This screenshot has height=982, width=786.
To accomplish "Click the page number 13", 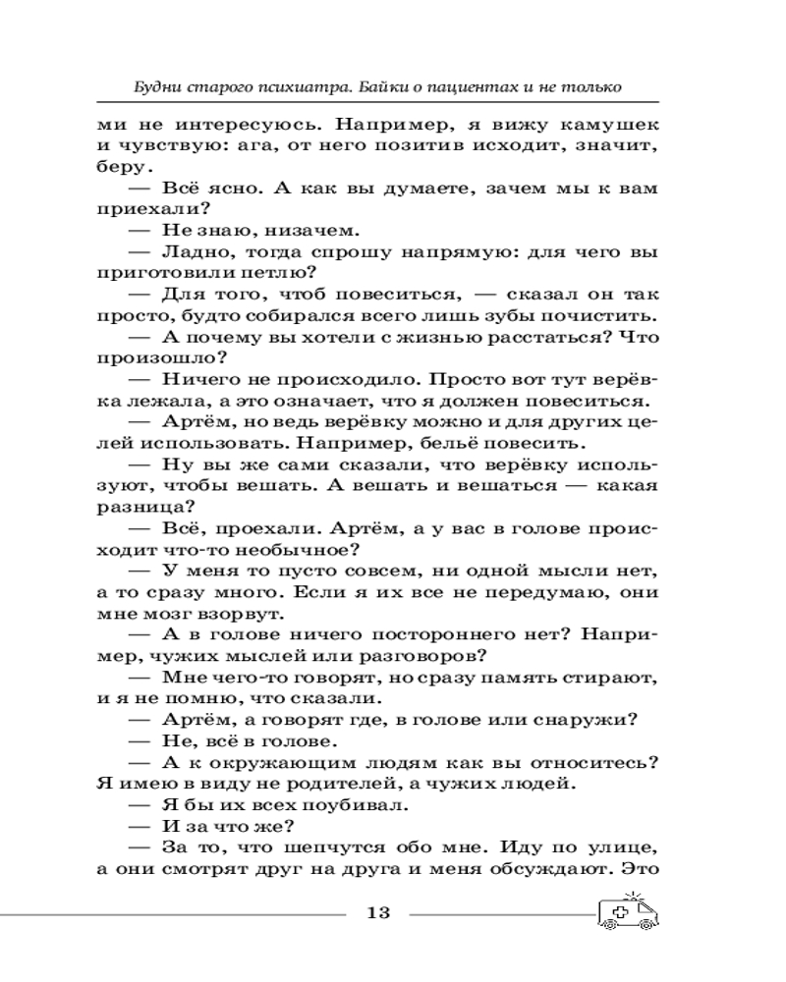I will click(x=378, y=914).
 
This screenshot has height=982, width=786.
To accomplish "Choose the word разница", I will click(x=137, y=509).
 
